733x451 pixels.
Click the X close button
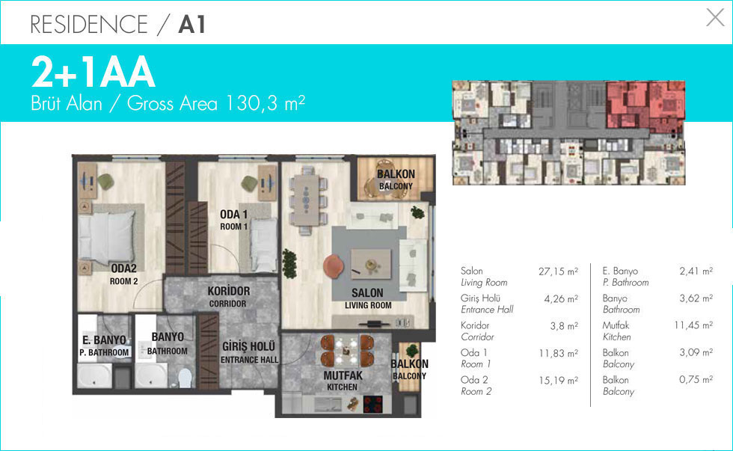pos(715,18)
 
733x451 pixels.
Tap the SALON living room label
pos(368,298)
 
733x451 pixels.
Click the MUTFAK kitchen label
pos(343,381)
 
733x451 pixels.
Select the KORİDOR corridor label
pos(229,297)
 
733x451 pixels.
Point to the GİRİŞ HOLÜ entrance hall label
pos(249,352)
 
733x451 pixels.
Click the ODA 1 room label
pos(233,220)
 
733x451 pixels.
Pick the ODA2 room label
pos(124,274)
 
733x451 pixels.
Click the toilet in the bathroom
pos(185,378)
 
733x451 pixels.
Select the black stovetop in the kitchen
pos(372,405)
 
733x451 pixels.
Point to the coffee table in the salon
pos(371,263)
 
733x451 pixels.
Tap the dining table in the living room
pos(307,200)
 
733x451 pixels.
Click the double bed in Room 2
pos(107,235)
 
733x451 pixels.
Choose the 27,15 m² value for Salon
pos(558,271)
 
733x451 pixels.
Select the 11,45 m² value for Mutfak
pos(693,325)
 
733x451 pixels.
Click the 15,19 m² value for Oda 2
pos(558,381)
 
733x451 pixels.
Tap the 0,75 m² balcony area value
pos(696,379)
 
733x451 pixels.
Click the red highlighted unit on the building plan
pos(645,105)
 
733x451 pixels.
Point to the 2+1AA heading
pos(93,73)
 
